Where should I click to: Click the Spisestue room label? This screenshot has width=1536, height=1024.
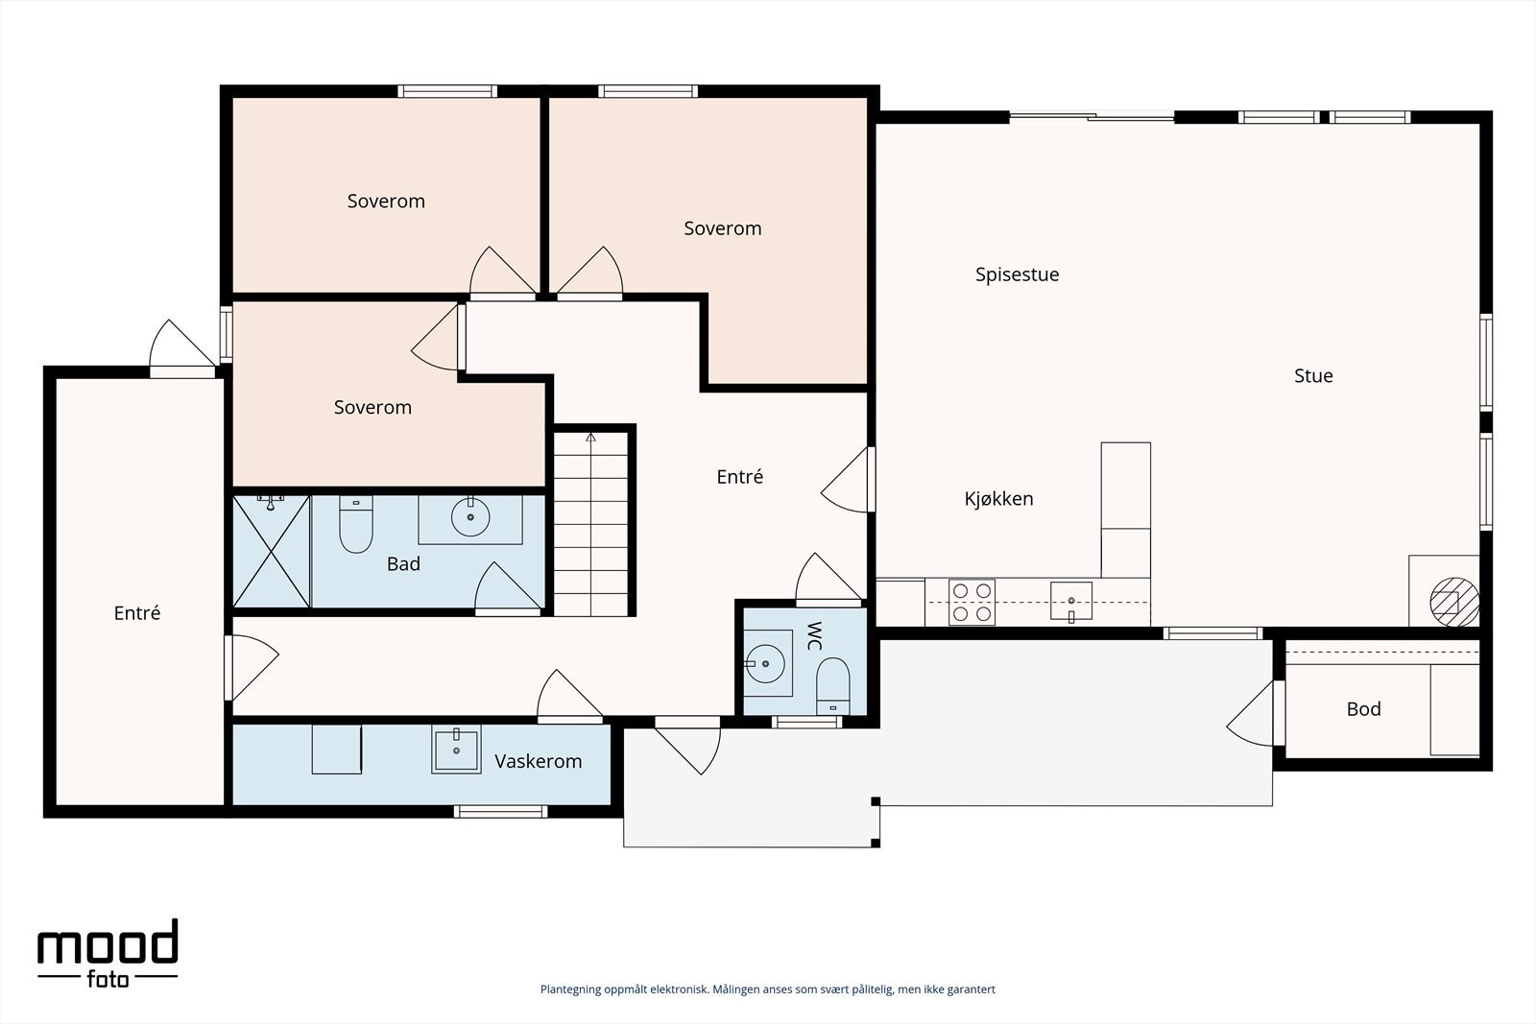tap(1017, 274)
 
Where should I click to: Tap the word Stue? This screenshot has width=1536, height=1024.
tap(1313, 375)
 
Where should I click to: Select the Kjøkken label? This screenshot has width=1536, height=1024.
tap(998, 499)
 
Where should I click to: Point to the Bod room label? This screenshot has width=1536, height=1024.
tap(1363, 708)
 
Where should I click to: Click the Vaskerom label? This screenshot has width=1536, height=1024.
tap(538, 761)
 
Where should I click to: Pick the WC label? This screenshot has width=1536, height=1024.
tap(814, 636)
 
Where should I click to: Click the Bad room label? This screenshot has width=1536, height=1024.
tap(403, 564)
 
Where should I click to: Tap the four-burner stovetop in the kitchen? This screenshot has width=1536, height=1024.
tap(972, 603)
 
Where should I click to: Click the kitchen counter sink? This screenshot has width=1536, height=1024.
tap(1071, 602)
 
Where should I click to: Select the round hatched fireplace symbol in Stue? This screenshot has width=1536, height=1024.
tap(1453, 602)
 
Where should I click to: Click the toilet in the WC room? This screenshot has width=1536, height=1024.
tap(832, 686)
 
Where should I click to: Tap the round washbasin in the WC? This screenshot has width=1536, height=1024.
tap(764, 663)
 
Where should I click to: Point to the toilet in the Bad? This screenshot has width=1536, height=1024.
tap(356, 524)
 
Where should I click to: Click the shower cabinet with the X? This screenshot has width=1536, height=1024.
tap(272, 552)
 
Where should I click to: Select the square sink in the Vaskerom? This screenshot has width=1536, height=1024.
tap(456, 750)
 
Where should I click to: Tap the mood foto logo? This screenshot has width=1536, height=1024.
tap(108, 953)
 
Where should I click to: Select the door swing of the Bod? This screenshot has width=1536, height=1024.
tap(1251, 713)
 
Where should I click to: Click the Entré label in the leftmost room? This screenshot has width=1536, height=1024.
tap(137, 612)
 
